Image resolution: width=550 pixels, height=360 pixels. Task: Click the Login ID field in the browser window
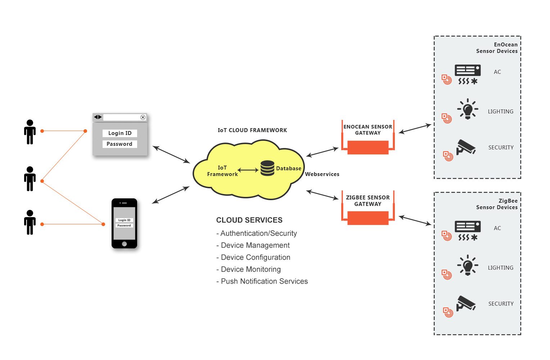(120, 133)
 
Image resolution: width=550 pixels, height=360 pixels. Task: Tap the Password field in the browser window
(120, 144)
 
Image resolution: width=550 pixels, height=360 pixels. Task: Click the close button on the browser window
(143, 117)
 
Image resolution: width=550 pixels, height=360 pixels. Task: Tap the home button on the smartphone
(124, 244)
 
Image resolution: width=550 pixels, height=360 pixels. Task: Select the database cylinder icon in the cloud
(267, 168)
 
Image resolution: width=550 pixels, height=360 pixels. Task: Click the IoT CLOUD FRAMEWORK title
(252, 130)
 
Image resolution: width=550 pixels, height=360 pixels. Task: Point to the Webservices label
(322, 174)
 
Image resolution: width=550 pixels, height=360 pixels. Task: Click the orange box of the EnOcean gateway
(368, 147)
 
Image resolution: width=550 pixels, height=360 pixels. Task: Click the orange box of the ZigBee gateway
(368, 218)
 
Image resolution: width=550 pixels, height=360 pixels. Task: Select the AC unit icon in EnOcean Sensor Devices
(468, 75)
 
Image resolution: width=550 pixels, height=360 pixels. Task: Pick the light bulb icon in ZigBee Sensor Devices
(468, 265)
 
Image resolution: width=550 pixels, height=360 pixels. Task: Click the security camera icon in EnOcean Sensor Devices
(466, 147)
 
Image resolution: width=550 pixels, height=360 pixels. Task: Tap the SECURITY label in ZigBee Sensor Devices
(501, 304)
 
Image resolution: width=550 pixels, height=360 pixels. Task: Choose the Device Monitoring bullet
(248, 269)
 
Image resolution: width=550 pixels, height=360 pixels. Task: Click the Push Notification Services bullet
(262, 282)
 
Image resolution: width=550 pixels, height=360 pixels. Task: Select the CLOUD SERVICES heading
(249, 220)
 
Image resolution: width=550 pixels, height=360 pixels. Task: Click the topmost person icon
(30, 132)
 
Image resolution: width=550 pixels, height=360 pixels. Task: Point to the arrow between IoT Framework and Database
(248, 170)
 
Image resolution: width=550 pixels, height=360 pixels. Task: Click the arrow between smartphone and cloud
(171, 195)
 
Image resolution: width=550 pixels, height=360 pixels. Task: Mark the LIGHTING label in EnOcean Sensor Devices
(501, 112)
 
